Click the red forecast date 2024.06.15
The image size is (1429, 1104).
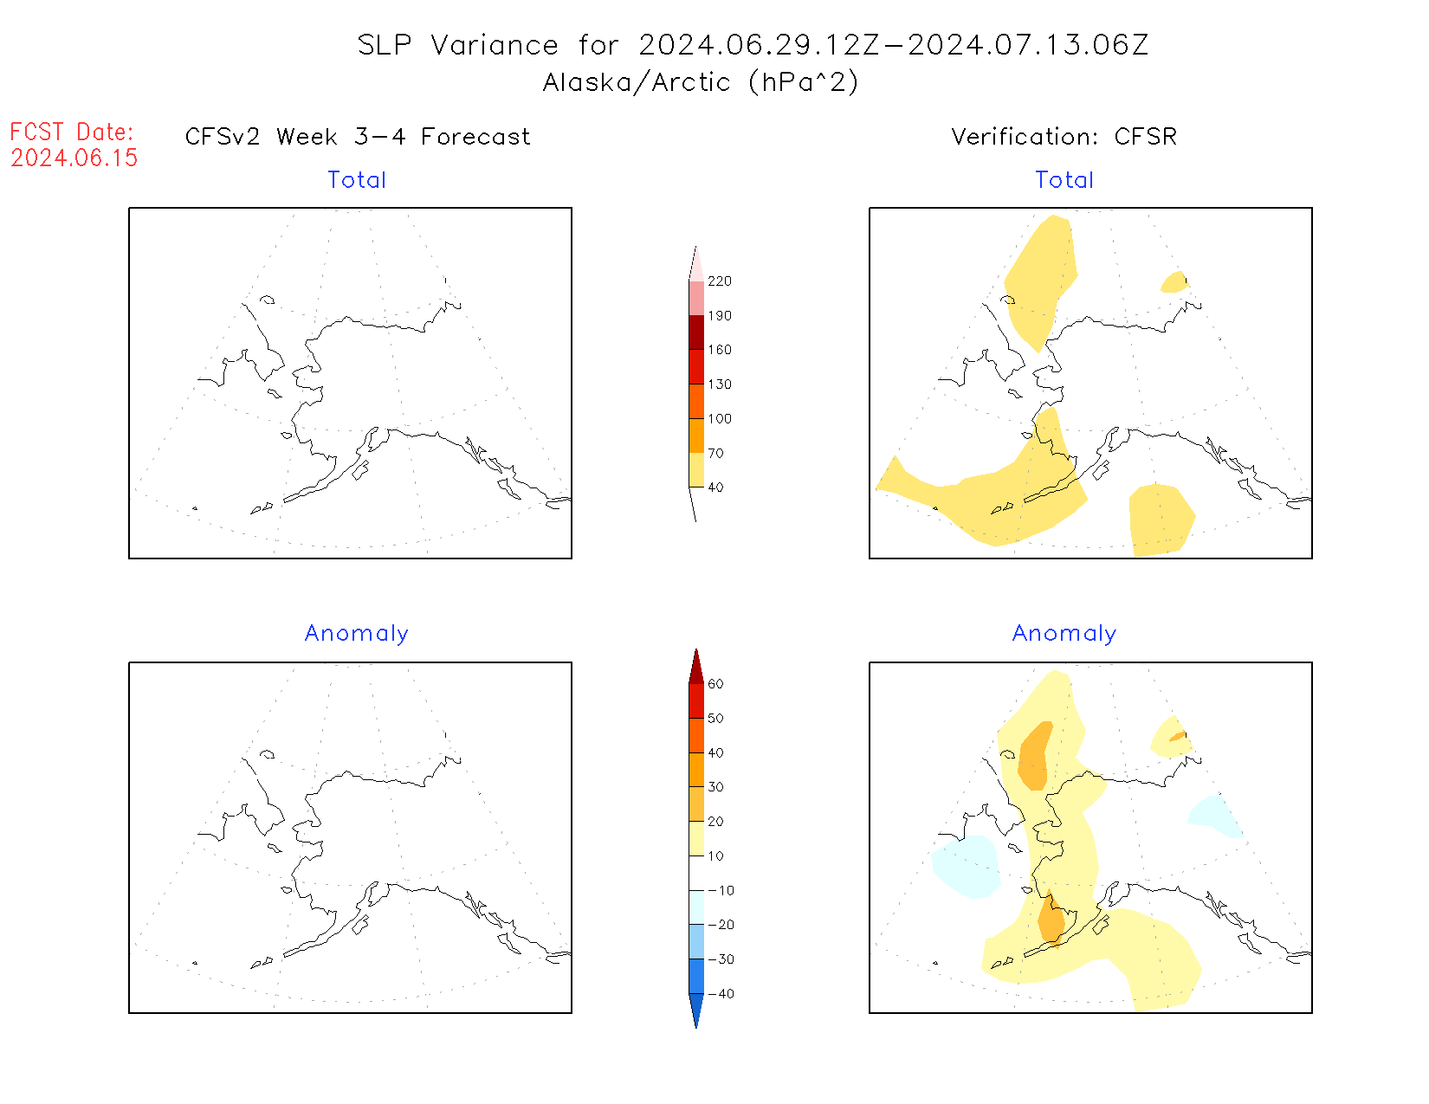(x=74, y=158)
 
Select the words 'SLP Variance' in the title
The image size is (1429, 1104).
(x=458, y=45)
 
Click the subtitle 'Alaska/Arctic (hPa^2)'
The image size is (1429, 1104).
(x=701, y=82)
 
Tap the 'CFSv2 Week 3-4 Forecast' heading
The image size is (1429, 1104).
(x=358, y=137)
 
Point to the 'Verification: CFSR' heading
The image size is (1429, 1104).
(x=1064, y=137)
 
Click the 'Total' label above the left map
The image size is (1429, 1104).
(x=357, y=180)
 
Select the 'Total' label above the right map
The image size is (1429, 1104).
(x=1064, y=180)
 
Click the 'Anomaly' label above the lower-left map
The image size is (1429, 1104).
(x=356, y=633)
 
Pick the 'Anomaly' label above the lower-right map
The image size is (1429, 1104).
(x=1064, y=633)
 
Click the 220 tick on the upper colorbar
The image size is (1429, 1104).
(x=719, y=281)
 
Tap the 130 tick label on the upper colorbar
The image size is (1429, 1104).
(x=719, y=384)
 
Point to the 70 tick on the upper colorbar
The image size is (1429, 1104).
(x=715, y=453)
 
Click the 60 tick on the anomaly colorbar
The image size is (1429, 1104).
(x=715, y=684)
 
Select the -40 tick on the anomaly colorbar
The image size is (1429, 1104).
(x=721, y=994)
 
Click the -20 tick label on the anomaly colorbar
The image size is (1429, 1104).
(x=721, y=925)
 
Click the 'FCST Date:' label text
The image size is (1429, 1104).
(x=72, y=132)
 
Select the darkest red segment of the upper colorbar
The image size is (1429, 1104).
(x=696, y=332)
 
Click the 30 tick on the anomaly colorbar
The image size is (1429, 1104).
(x=715, y=787)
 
